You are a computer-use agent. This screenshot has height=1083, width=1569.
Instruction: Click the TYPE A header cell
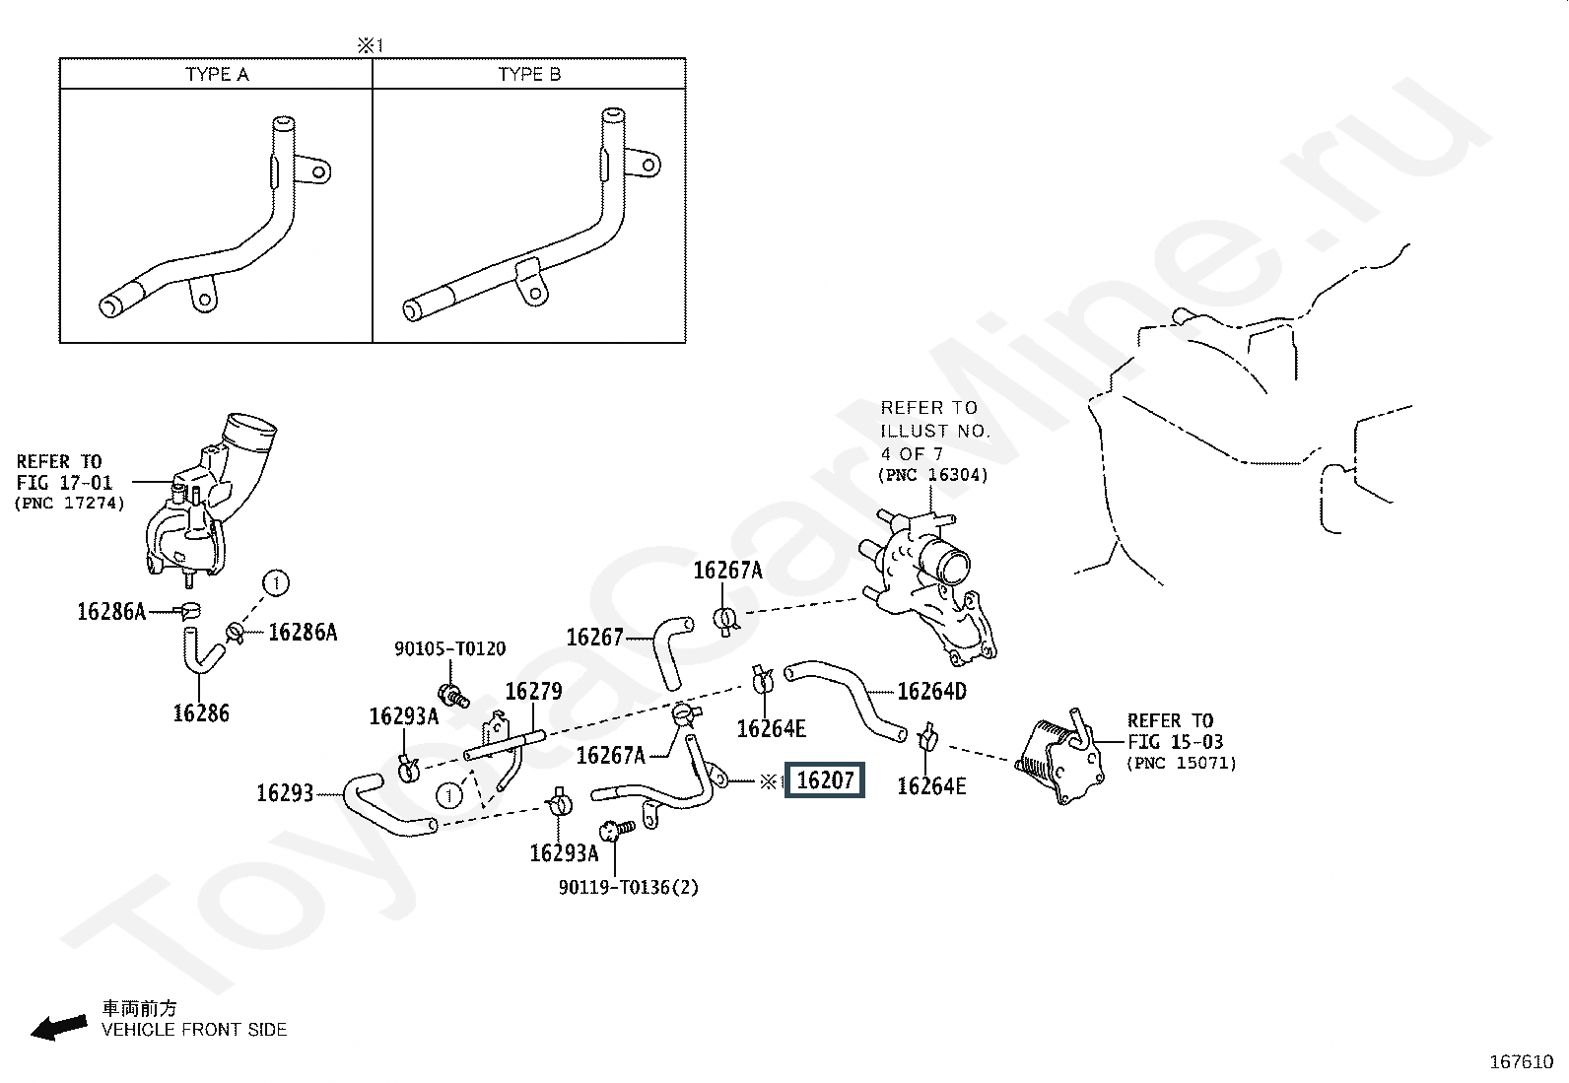[x=217, y=74]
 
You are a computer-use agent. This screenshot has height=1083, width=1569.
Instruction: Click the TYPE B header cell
[x=529, y=74]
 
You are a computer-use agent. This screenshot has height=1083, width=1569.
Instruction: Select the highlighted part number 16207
[x=825, y=781]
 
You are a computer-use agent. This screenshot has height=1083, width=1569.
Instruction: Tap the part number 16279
[x=533, y=691]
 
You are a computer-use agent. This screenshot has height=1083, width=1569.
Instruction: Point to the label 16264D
[x=931, y=691]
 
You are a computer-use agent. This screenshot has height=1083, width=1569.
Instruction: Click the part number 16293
[x=285, y=793]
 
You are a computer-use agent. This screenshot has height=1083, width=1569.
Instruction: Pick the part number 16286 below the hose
[x=201, y=713]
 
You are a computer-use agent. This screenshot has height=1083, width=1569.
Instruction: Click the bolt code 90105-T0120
[x=450, y=648]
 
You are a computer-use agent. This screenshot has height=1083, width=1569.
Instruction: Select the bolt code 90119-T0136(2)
[x=629, y=887]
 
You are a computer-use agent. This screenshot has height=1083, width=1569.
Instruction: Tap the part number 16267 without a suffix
[x=594, y=638]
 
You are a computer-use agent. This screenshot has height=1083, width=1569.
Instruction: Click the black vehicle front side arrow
[x=58, y=1028]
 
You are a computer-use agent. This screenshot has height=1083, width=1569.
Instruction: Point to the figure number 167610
[x=1521, y=1062]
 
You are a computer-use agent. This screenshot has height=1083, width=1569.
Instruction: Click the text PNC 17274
[x=70, y=504]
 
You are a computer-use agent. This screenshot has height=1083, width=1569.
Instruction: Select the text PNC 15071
[x=1182, y=763]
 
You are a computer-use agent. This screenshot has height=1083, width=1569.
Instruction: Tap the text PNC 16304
[x=932, y=476]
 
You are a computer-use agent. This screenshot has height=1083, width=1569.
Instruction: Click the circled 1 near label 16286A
[x=277, y=583]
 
